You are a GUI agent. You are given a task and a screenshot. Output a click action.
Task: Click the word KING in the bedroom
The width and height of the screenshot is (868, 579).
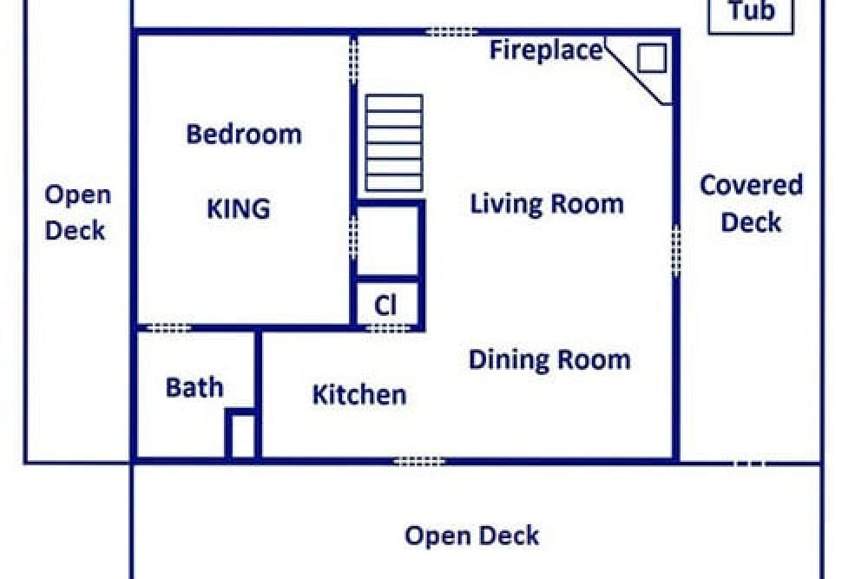point(239,208)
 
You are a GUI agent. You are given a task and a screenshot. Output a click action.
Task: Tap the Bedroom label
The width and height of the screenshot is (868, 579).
point(244,134)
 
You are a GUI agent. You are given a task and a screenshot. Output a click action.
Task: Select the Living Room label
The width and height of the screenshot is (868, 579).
point(547,203)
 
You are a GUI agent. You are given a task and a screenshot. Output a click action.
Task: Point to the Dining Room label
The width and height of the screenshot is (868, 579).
point(549,359)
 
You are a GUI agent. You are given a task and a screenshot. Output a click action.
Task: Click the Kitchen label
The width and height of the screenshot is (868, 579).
point(359,395)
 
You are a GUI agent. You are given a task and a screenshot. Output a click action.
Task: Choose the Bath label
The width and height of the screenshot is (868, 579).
point(194,387)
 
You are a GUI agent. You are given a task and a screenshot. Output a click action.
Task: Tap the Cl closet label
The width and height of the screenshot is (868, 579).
point(385,305)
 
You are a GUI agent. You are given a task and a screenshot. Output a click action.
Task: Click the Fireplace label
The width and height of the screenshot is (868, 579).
point(546,49)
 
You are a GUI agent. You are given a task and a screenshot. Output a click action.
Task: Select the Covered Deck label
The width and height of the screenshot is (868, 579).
point(751,204)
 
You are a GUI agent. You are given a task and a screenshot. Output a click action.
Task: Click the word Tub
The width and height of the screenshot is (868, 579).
point(751,11)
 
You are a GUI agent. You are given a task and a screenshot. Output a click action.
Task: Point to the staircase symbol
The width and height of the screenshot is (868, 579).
point(394,143)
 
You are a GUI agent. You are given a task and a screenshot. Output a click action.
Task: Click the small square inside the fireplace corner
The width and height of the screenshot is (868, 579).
point(652,57)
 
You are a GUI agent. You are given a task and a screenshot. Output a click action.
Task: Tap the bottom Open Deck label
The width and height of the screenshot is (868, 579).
point(471,536)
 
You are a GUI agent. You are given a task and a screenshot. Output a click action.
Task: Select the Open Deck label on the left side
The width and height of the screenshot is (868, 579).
point(77,213)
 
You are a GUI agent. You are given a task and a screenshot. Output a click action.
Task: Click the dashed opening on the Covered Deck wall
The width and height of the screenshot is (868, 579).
point(676,251)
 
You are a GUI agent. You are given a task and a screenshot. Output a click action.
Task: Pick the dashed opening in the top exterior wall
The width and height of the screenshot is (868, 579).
point(451,32)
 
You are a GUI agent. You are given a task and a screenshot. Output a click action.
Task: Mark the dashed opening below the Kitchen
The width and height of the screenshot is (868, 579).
point(419,461)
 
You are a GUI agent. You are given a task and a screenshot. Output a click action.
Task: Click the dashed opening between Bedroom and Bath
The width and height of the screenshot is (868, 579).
point(169,328)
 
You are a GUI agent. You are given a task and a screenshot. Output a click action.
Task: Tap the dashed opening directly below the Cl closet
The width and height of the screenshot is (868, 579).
point(388,328)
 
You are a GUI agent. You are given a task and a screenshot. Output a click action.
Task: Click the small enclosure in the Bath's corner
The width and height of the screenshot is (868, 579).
point(242,434)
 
